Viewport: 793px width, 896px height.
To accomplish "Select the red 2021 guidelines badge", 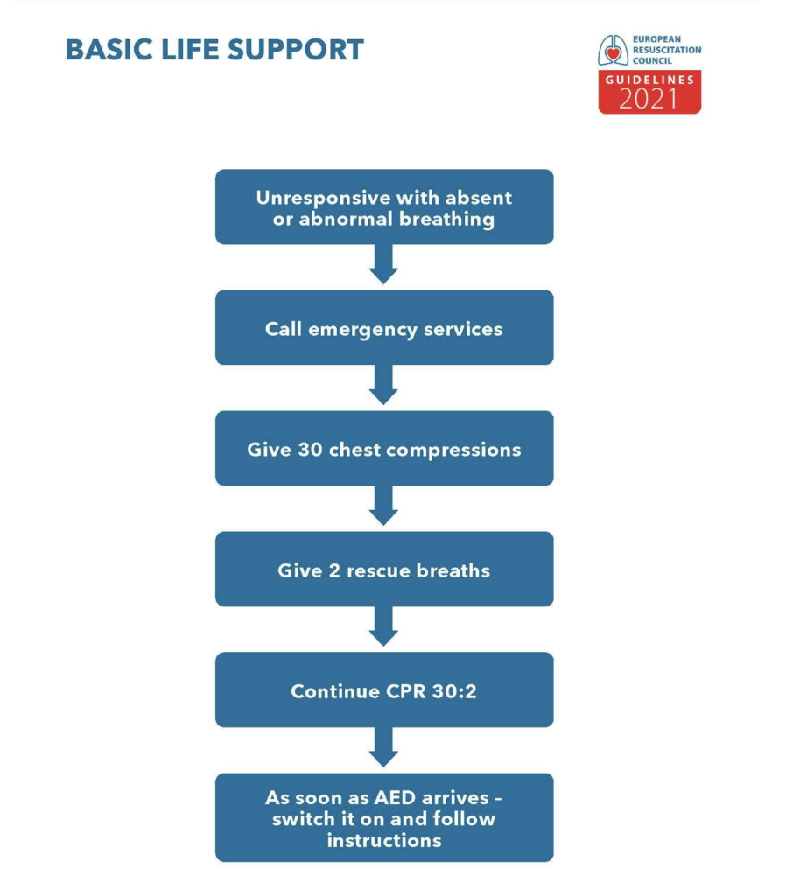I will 649,92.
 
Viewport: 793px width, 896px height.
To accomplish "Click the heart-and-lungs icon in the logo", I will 613,51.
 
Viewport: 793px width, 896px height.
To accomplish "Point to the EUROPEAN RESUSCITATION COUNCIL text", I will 666,51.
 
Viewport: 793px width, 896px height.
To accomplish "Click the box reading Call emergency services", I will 384,328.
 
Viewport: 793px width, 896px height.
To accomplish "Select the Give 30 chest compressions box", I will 384,449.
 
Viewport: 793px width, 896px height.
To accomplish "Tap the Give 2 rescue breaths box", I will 384,570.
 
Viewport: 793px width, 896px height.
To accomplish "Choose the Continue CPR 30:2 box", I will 384,690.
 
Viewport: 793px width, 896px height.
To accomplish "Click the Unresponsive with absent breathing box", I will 384,207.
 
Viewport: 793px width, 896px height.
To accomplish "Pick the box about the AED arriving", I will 384,818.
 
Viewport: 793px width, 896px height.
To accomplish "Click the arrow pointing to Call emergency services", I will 384,265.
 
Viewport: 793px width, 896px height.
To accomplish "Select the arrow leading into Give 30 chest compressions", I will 384,386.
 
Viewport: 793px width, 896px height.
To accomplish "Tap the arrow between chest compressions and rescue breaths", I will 384,507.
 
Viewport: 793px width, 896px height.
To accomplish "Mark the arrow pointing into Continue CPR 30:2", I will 384,627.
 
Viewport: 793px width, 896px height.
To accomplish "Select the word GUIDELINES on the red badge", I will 649,80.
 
